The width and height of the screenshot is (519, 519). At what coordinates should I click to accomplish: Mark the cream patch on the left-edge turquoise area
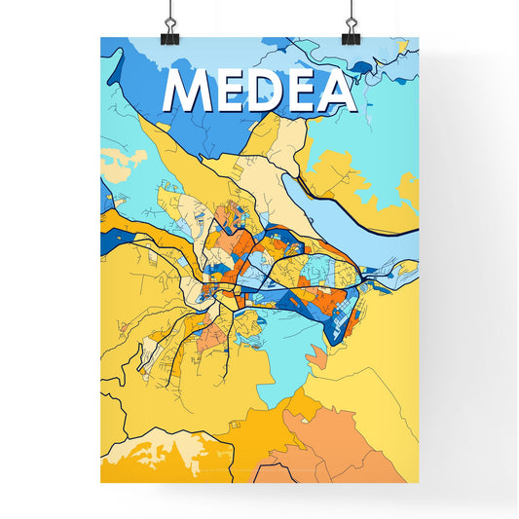(x=115, y=161)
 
